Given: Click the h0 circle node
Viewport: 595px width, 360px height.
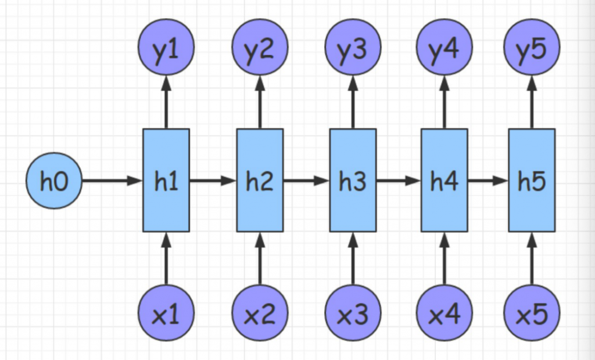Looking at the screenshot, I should click(54, 181).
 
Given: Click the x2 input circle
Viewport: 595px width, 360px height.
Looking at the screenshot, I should click(259, 314).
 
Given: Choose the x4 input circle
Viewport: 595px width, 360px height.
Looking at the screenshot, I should click(445, 314).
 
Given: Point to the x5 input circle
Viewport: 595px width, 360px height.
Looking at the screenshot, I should click(532, 314).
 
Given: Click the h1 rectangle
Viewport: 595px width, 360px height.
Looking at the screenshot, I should click(166, 181).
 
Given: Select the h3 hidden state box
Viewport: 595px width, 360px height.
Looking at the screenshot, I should click(353, 181).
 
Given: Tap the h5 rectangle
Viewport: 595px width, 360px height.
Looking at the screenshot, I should click(532, 181).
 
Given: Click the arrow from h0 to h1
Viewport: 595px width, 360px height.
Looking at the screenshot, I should click(112, 181).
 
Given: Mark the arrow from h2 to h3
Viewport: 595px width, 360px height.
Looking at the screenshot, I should click(306, 181).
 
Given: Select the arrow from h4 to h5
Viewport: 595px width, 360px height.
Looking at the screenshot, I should click(488, 181).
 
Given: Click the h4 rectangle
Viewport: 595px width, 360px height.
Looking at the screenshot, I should click(445, 181).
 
